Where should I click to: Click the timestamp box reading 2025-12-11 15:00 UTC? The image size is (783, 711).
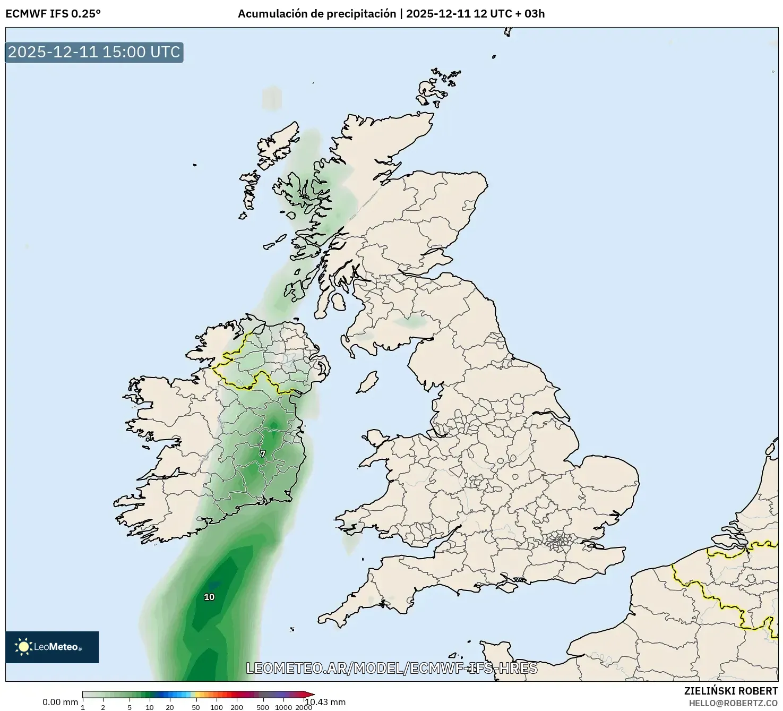point(94,52)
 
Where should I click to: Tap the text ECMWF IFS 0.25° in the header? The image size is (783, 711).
point(53,14)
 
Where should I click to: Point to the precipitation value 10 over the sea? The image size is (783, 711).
point(209,597)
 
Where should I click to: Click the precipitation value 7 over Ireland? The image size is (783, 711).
point(262,453)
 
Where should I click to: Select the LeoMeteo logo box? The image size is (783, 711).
point(52,647)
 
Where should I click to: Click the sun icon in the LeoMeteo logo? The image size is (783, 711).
point(23,646)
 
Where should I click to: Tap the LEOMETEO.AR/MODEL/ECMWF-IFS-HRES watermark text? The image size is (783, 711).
point(392,668)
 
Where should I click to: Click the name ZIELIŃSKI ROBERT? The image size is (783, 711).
point(731,691)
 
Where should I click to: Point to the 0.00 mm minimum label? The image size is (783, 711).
point(60,702)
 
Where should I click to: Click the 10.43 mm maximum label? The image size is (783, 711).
point(325,702)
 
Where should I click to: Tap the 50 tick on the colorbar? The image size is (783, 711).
point(196,707)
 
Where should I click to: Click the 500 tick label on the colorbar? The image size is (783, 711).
point(263,707)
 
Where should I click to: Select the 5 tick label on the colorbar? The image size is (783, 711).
point(130,707)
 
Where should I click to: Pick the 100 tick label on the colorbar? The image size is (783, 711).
point(217,707)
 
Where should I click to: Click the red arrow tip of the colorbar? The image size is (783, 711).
point(310,694)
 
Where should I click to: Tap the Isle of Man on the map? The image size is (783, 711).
point(367,382)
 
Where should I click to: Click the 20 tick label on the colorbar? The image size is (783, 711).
point(170,707)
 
